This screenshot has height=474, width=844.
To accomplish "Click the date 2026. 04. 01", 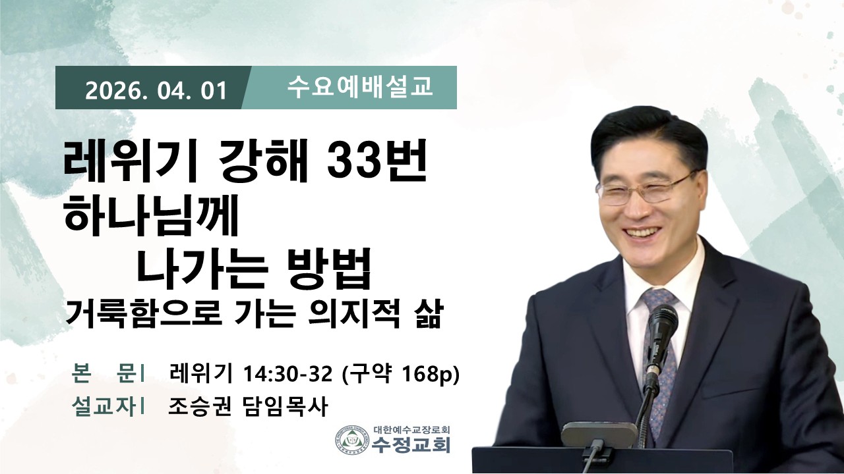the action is coord(156,91).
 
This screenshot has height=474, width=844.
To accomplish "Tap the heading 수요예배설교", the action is coord(359,88).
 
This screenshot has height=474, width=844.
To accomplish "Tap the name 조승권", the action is coord(199,406).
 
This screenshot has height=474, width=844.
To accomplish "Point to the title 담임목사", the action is coord(284,406).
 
